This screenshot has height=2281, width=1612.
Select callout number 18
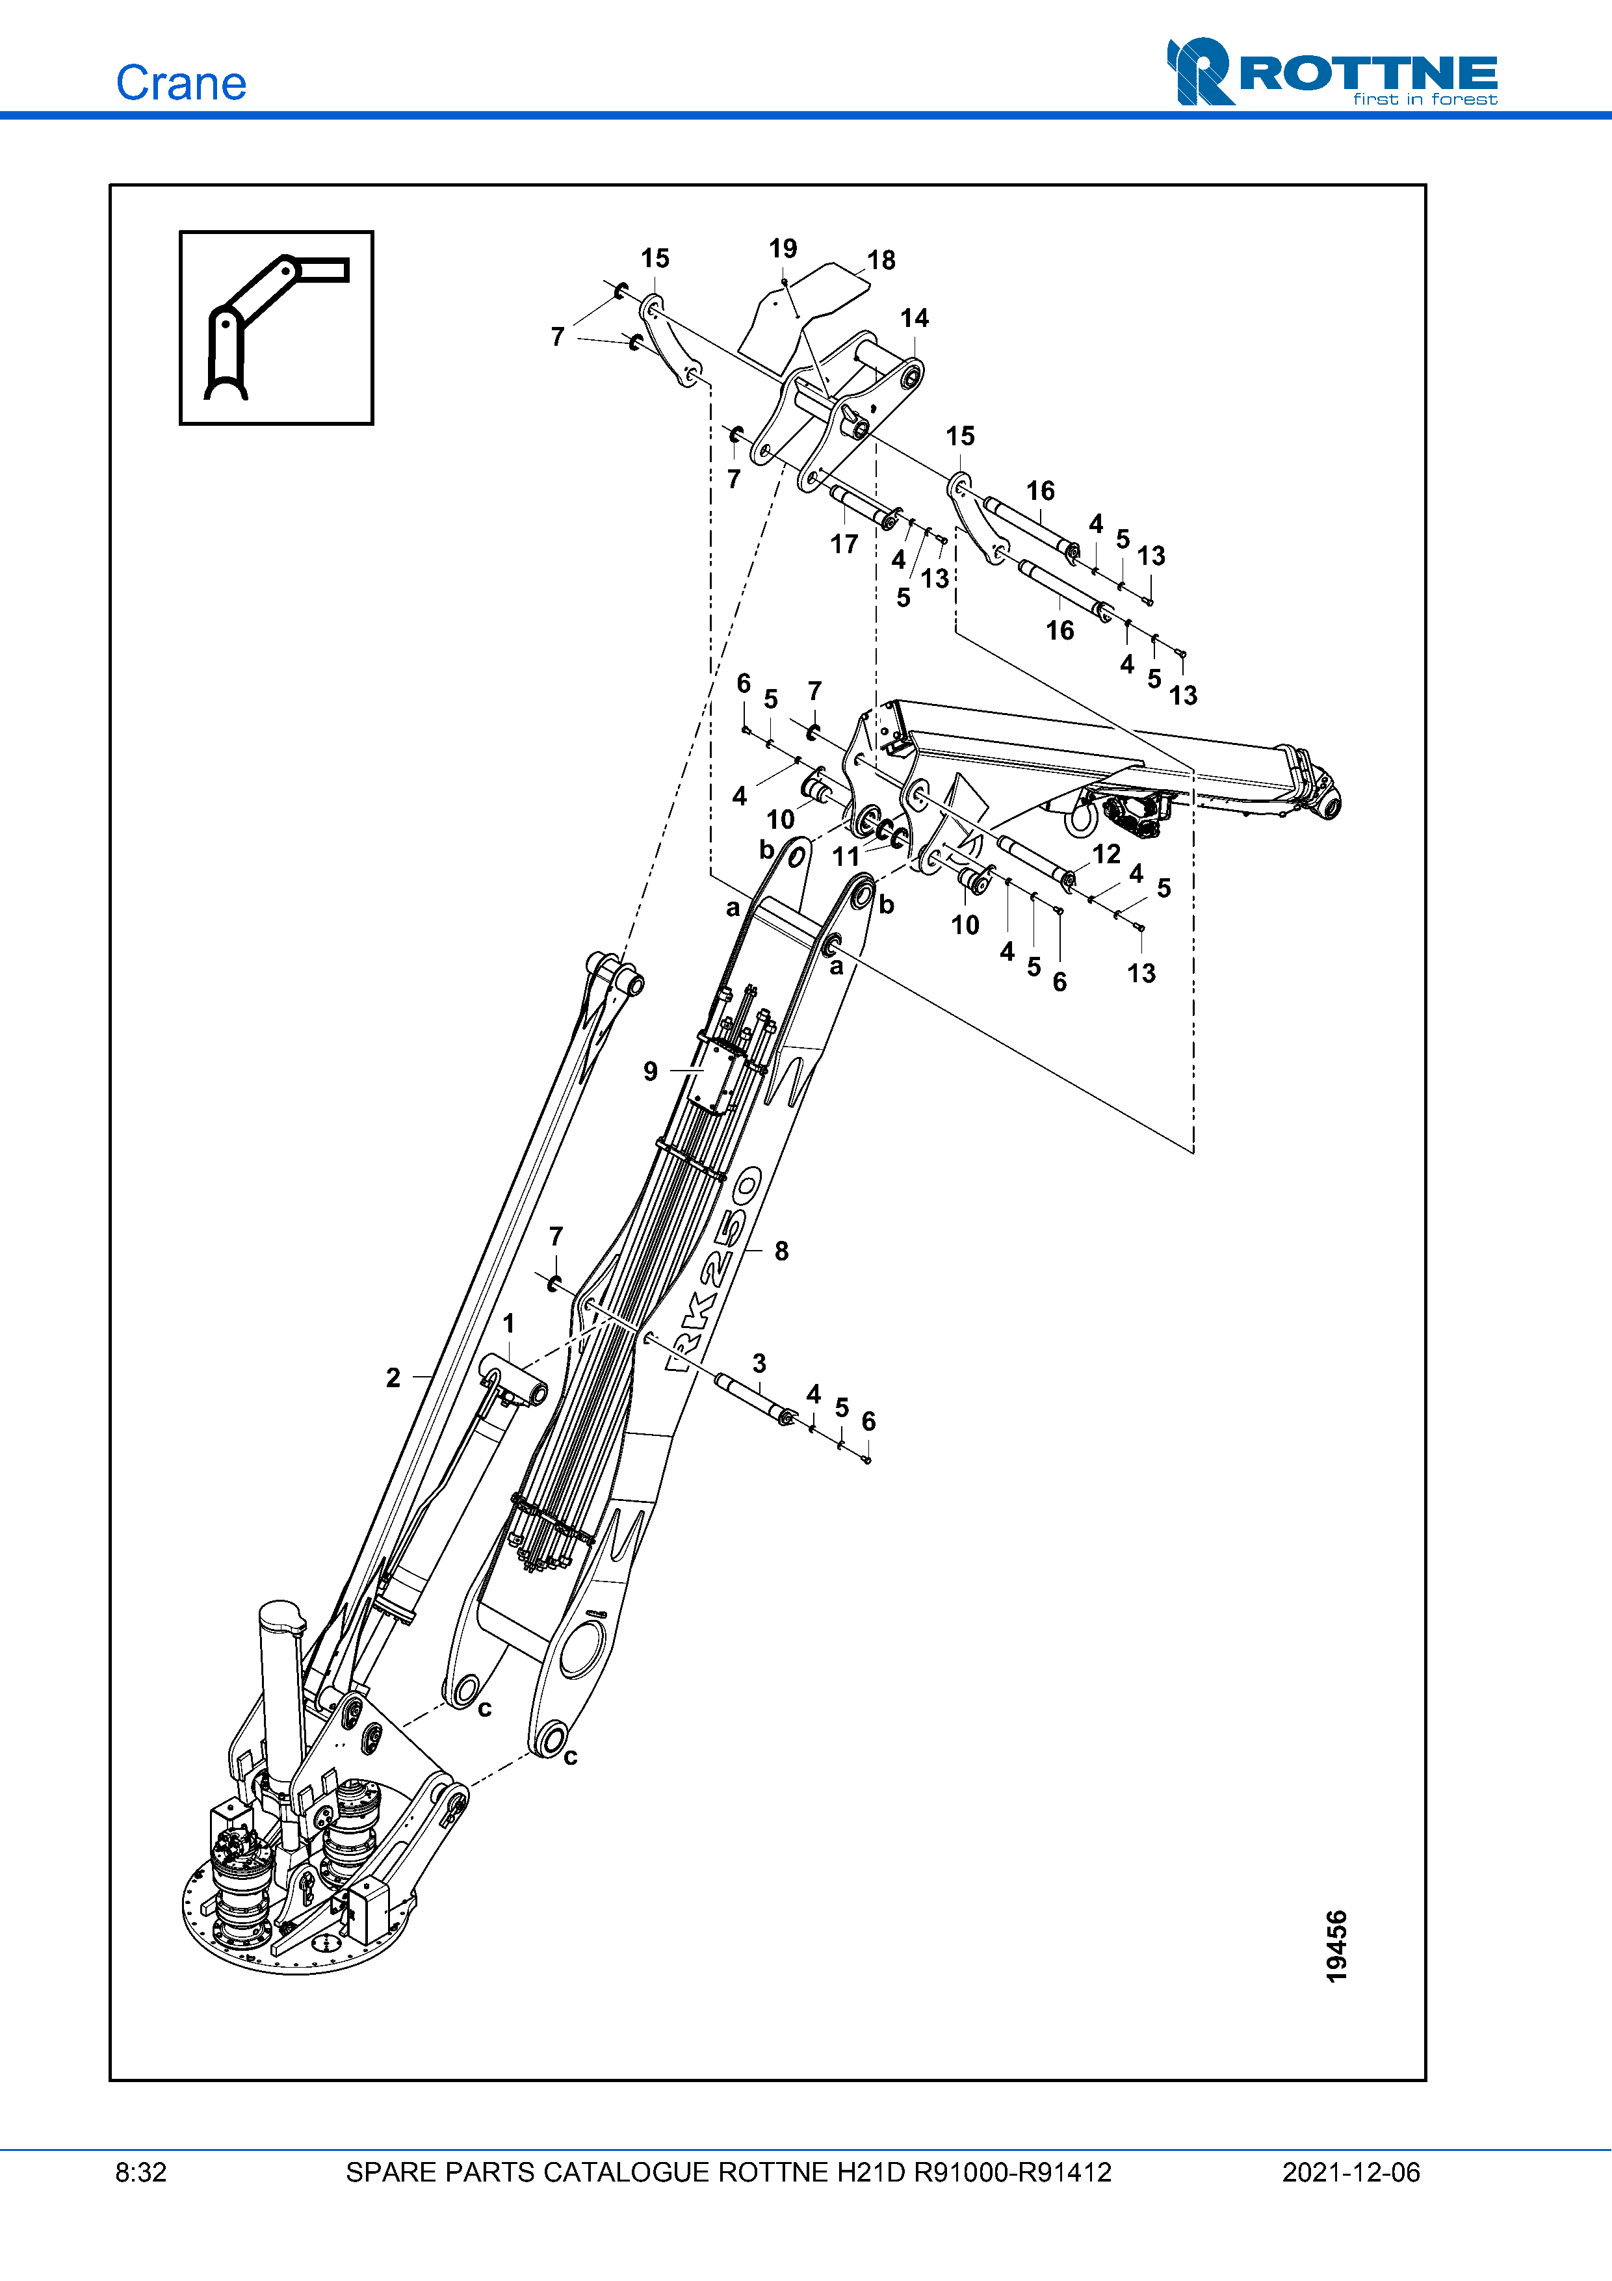[881, 260]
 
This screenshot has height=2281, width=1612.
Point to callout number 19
[783, 248]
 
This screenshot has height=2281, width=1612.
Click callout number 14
[914, 318]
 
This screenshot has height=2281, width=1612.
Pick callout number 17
[843, 545]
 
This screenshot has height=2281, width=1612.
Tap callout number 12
[1106, 854]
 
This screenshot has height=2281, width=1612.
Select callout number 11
[845, 855]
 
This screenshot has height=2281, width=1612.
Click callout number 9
[651, 1071]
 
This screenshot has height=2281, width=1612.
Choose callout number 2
[393, 1378]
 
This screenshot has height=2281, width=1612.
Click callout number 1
[508, 1323]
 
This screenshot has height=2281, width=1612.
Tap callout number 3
[759, 1363]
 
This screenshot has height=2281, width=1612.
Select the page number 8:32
[141, 2172]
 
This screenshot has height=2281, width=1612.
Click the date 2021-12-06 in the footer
[1351, 2172]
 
